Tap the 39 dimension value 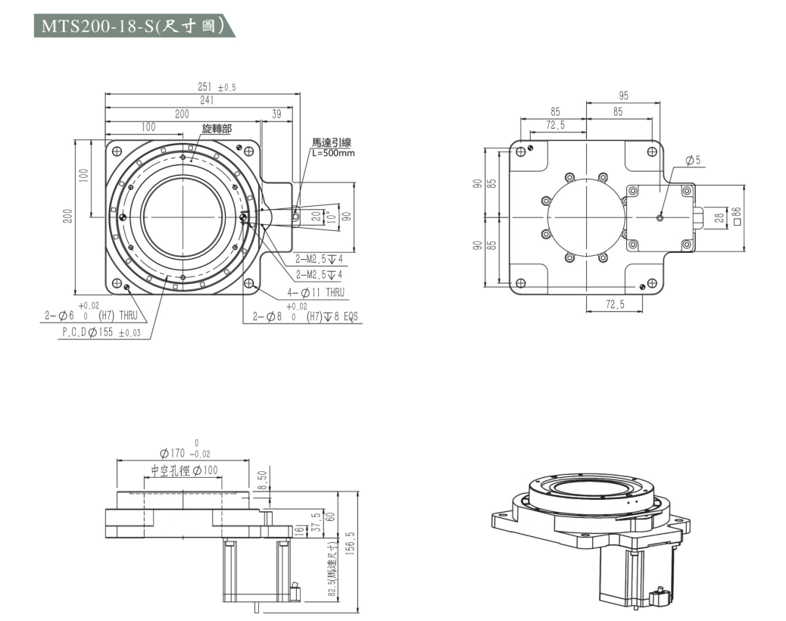[276, 114]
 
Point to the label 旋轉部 [217, 129]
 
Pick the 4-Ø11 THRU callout [316, 292]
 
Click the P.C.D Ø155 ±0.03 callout [101, 332]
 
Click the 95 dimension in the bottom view [623, 96]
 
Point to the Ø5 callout [692, 160]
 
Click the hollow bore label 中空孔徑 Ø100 [184, 470]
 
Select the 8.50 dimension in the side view [263, 480]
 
